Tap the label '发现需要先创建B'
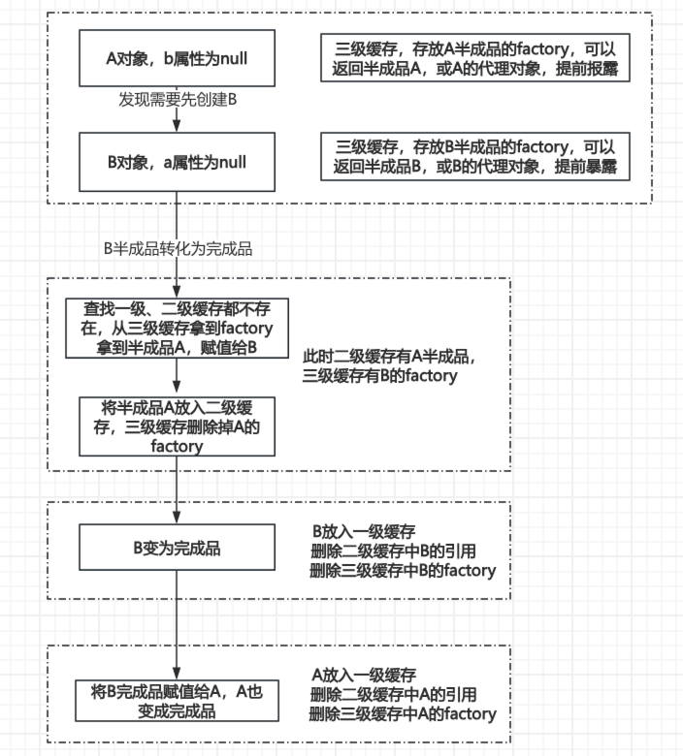pos(178,100)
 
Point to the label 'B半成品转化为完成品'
pos(178,249)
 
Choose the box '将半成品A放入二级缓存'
pos(177,425)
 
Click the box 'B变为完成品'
pos(177,549)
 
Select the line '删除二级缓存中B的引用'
pos(392,551)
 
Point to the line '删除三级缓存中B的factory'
pos(402,571)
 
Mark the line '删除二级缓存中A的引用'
pos(392,694)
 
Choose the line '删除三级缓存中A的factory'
pos(402,714)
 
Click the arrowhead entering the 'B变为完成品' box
pos(177,521)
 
